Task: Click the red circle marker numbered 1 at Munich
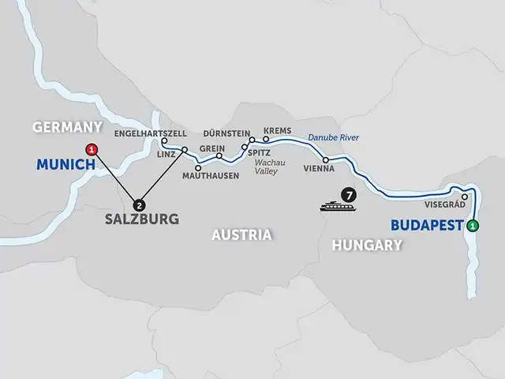coord(92,148)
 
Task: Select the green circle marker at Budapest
coord(473,227)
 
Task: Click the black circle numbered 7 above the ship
coord(345,193)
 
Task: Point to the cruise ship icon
coord(335,208)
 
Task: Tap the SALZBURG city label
coord(141,220)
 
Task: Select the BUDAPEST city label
coord(426,225)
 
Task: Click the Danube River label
coord(333,137)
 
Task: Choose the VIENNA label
coord(320,169)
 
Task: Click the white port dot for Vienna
coord(326,159)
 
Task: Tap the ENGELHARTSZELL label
coord(150,133)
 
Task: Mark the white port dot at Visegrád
coord(465,197)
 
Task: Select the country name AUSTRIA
coord(241,235)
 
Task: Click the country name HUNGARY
coord(367,246)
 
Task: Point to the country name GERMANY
coord(67,127)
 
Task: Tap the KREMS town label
coord(278,129)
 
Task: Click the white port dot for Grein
coord(219,156)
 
